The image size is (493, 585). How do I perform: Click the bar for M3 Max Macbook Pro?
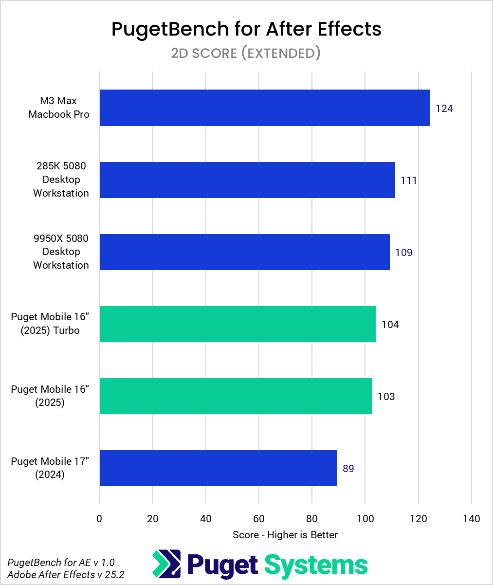click(264, 108)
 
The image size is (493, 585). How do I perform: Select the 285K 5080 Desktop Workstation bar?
click(247, 180)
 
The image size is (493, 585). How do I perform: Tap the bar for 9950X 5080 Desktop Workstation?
click(244, 252)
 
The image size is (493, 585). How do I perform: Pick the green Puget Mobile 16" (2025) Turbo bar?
click(237, 324)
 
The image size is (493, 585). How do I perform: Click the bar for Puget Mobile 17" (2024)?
click(218, 468)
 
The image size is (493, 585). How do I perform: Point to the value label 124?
click(444, 109)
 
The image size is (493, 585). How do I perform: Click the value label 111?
click(409, 181)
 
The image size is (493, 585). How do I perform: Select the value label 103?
click(386, 397)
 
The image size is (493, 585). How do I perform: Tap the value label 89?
click(348, 469)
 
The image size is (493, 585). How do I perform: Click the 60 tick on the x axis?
click(259, 519)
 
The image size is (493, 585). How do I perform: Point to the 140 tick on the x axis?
click(471, 519)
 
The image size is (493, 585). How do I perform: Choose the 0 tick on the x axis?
click(99, 519)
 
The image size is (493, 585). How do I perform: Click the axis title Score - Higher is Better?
click(285, 535)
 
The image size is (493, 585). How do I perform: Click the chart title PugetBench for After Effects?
click(246, 29)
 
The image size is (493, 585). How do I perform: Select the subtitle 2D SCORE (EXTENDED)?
click(246, 53)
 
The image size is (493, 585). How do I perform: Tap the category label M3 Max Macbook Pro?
click(59, 108)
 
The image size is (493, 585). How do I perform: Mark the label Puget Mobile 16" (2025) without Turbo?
click(50, 396)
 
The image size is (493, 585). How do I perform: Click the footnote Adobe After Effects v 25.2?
click(66, 574)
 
